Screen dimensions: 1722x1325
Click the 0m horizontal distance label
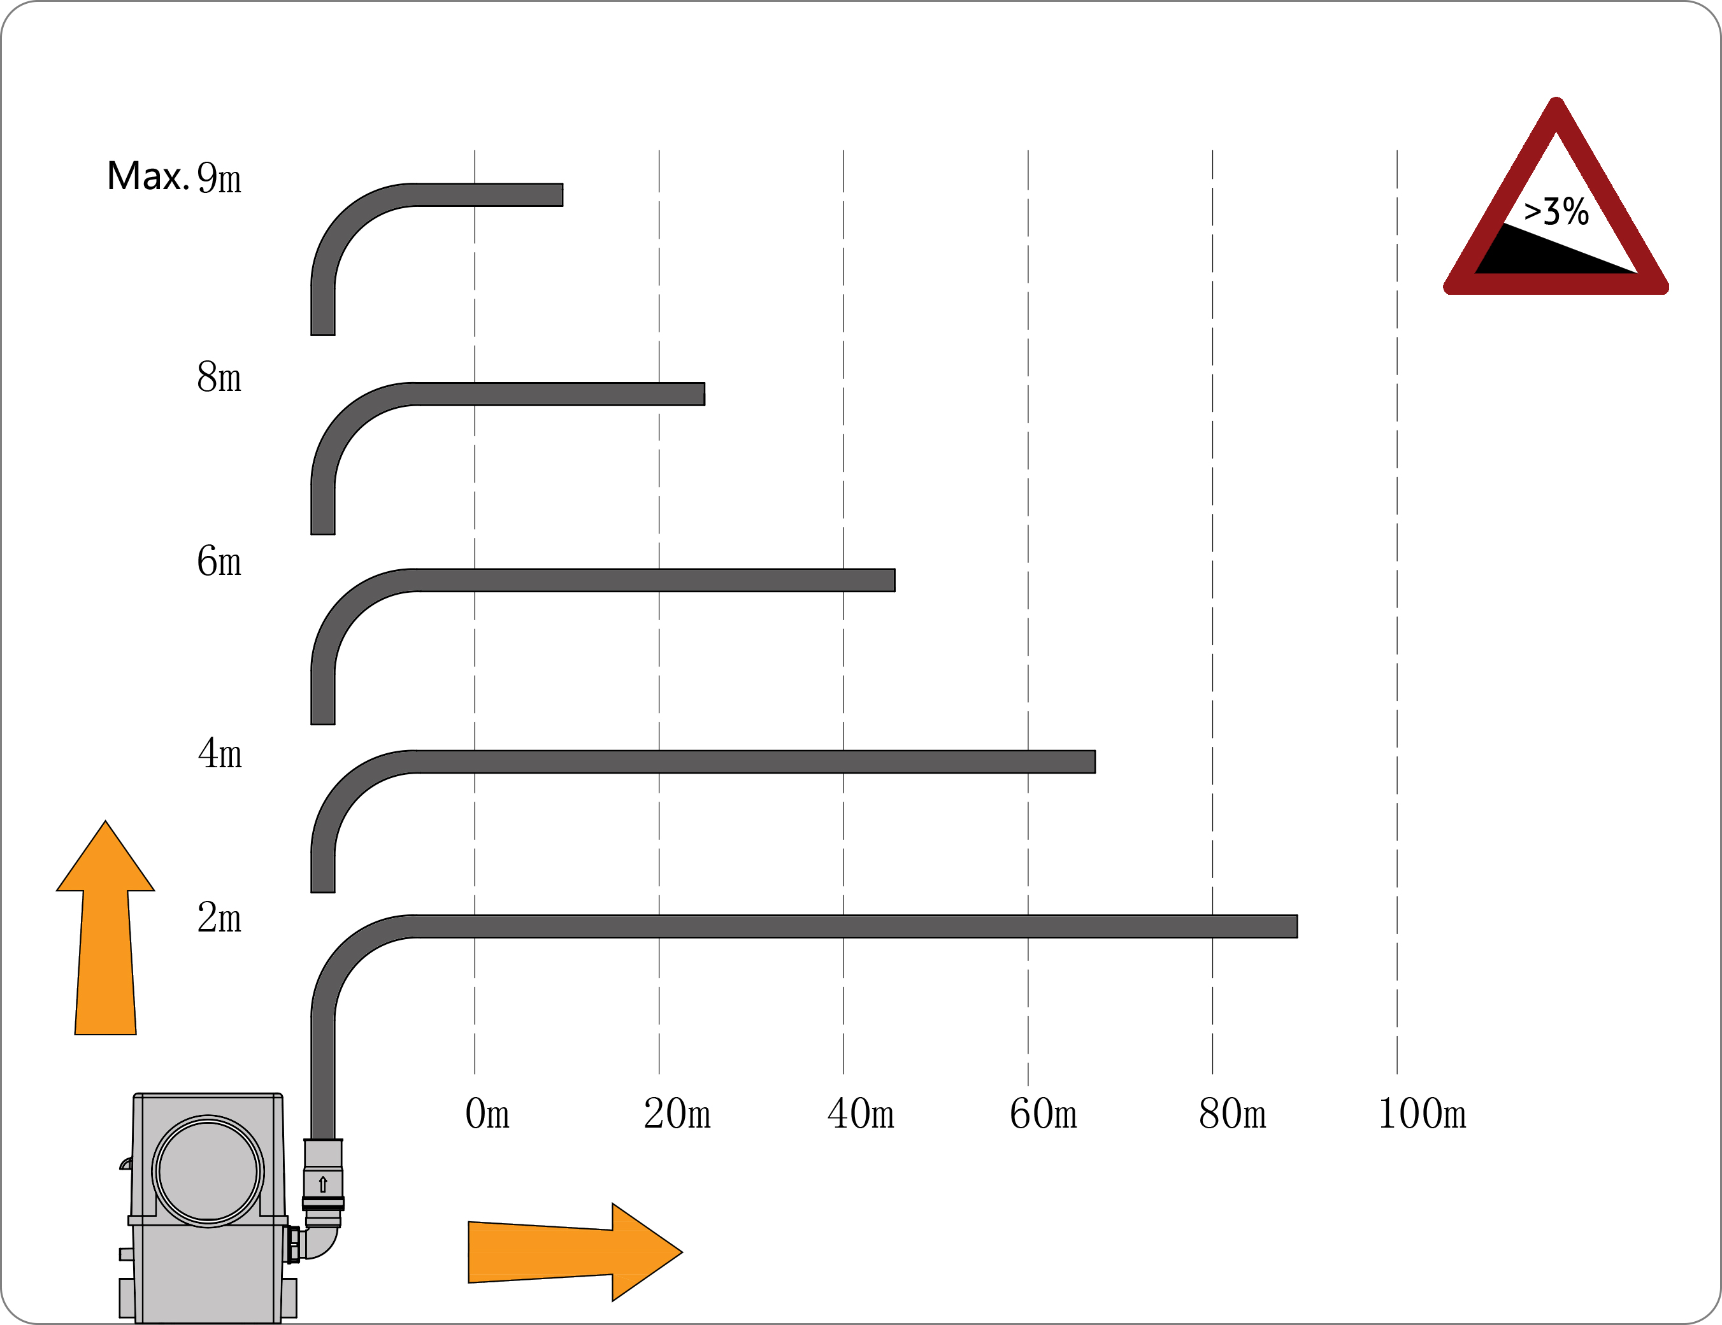(487, 1114)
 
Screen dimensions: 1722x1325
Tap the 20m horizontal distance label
(677, 1114)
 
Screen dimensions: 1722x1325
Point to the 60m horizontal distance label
(1043, 1114)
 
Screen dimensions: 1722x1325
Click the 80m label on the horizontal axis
(1232, 1114)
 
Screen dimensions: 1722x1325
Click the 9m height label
(219, 178)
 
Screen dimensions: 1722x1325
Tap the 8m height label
(219, 377)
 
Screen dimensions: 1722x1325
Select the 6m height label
(219, 561)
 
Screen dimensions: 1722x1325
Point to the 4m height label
(220, 753)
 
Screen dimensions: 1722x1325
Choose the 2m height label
(219, 918)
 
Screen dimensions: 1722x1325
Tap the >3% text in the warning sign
(1556, 211)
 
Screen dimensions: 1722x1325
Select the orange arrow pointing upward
(106, 928)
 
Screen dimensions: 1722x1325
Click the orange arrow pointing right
(575, 1252)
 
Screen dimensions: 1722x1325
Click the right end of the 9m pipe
(562, 195)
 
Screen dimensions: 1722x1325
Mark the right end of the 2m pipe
(1296, 926)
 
